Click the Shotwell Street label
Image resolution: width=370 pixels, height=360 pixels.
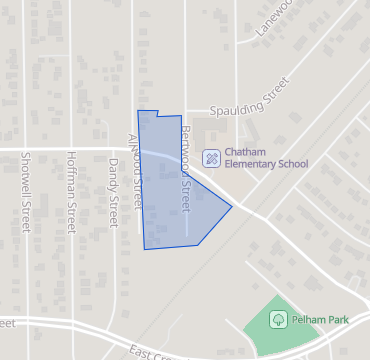(x=23, y=195)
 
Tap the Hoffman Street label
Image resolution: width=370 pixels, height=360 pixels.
(x=70, y=195)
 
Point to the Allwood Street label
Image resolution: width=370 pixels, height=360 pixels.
(x=135, y=170)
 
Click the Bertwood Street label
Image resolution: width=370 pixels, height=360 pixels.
(x=184, y=169)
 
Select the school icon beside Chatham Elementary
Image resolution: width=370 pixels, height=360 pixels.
(x=212, y=157)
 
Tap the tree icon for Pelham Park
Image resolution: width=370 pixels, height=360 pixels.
(x=280, y=320)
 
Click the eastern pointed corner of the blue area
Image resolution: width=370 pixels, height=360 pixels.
(x=233, y=207)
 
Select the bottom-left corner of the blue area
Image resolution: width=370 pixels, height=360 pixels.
(x=145, y=248)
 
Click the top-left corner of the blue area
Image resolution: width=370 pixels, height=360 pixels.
(x=138, y=111)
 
